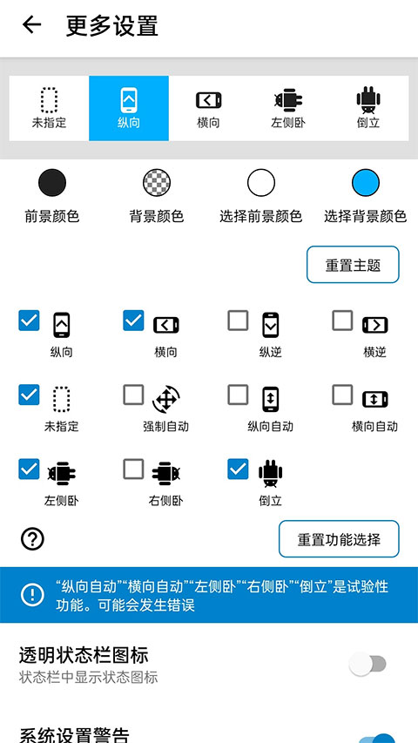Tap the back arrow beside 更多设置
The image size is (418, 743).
32,25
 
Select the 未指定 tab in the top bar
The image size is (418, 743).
49,108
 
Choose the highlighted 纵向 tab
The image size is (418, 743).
129,108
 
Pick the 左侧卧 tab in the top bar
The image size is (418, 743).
287,108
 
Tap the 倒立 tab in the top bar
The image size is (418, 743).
368,108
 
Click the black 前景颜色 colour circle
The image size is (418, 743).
52,183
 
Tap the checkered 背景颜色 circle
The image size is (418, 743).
157,183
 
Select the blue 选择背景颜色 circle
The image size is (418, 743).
366,183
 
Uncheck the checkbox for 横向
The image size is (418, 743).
133,321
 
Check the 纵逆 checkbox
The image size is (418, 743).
238,321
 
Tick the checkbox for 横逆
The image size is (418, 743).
342,321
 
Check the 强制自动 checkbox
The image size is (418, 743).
133,395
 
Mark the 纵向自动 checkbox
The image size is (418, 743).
238,395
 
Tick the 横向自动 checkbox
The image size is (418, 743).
342,395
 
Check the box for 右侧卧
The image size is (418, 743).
133,469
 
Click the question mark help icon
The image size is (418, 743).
32,539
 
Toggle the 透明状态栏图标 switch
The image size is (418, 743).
367,665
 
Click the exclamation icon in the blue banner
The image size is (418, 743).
32,595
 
